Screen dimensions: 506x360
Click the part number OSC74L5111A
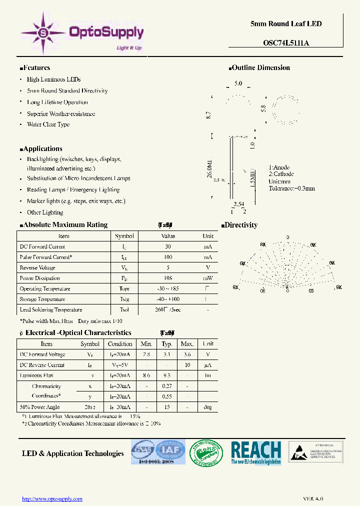coord(286,43)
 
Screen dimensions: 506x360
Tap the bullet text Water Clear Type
coord(48,125)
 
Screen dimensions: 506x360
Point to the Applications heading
coord(42,149)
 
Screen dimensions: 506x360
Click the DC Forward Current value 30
coord(168,246)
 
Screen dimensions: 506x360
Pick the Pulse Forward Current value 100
coord(168,257)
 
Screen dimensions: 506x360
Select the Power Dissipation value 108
coord(168,278)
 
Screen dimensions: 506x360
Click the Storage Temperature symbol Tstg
coord(124,299)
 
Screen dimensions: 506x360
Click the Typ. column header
coord(167,344)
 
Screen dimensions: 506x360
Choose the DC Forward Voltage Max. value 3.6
coord(187,354)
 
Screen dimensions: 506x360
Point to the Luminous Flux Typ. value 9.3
coord(167,375)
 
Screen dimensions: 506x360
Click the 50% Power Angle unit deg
coord(207,407)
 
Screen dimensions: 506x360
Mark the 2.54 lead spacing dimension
coord(238,204)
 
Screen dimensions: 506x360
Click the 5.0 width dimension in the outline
coord(238,84)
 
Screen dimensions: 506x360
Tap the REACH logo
coord(255,452)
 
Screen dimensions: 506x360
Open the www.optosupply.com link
coord(53,498)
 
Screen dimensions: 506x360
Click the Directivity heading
coord(242,225)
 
